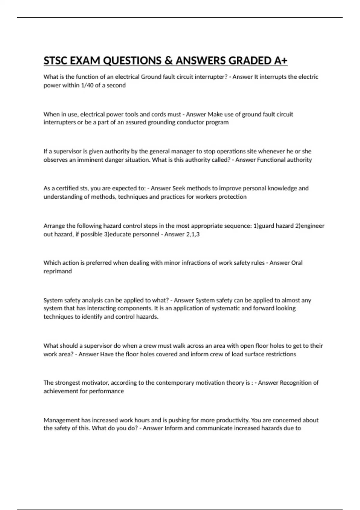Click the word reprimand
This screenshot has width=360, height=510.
tap(58, 271)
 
